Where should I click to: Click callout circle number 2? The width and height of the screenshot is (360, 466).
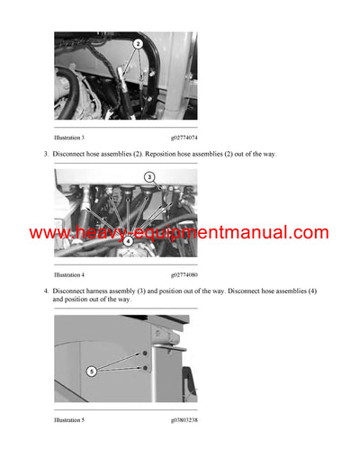click(137, 43)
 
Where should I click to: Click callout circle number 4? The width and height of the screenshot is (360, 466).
click(129, 240)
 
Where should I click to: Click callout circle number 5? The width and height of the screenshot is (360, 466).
click(92, 371)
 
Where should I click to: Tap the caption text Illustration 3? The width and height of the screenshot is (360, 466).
click(69, 137)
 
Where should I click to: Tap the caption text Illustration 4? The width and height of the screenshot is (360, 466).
click(69, 274)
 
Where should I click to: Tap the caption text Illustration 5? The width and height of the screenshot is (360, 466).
click(69, 419)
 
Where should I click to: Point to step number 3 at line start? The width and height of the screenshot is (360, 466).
click(46, 155)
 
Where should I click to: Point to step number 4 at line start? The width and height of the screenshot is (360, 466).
click(46, 291)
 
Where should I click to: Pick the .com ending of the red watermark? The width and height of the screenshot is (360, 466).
click(310, 233)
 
